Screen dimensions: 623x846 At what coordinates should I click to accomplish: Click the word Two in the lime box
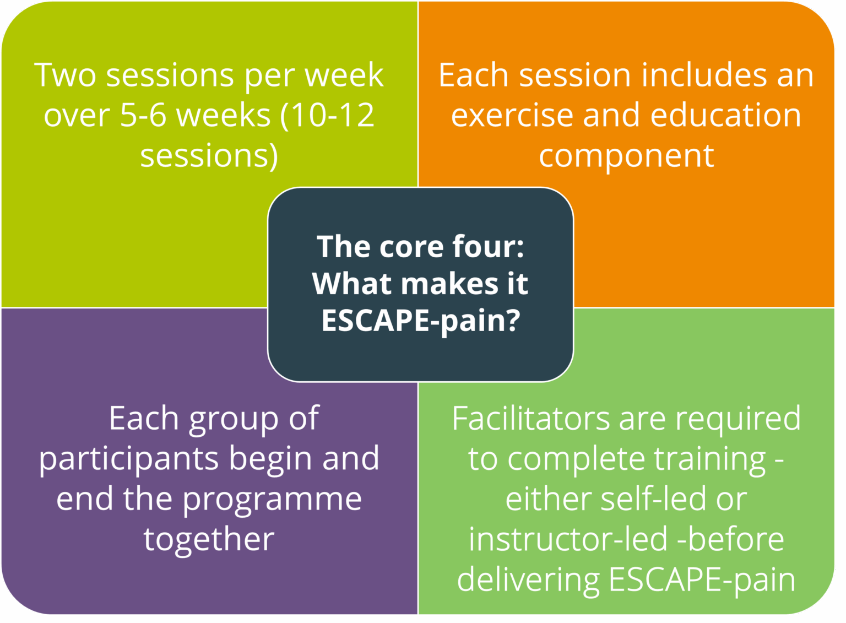click(x=66, y=75)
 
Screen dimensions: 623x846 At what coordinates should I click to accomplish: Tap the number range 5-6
click(x=143, y=115)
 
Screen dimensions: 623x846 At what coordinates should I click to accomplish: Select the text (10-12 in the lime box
click(x=327, y=115)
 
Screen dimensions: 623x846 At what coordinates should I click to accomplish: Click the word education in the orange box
click(x=725, y=115)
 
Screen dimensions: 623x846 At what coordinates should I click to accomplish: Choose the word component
click(x=626, y=156)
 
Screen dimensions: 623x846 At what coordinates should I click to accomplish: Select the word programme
click(x=272, y=500)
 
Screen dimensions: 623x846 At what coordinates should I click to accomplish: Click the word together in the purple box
click(x=209, y=539)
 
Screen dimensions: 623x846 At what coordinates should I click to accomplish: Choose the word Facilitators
click(x=530, y=419)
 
